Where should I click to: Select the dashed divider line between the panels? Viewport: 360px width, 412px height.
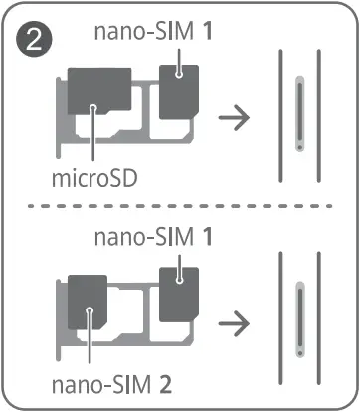[179, 208]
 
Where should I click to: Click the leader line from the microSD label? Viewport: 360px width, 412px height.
[91, 144]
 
